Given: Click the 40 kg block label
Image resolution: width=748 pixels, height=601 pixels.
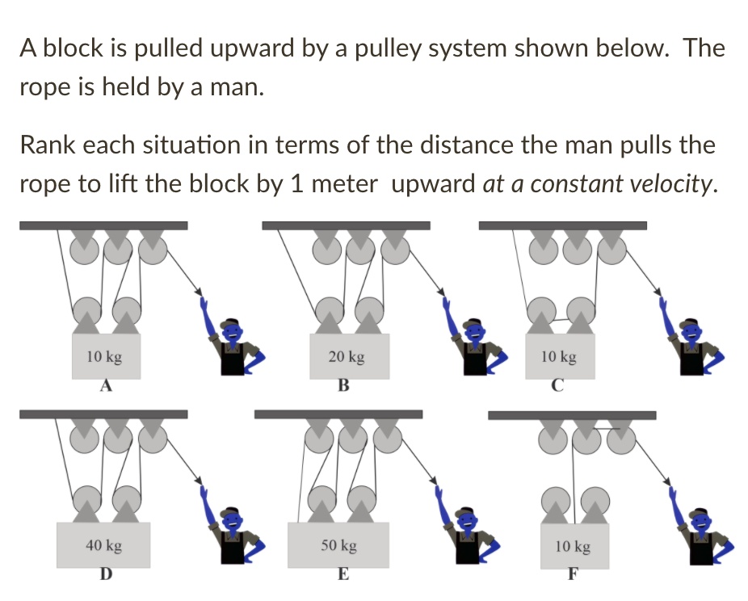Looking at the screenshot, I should pos(103,546).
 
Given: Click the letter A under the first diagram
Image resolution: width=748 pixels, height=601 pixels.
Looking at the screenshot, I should pos(104,385).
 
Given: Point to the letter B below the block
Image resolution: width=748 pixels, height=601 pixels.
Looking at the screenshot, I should pos(342,385).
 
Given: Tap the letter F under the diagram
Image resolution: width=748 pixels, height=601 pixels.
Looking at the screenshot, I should pos(572,576).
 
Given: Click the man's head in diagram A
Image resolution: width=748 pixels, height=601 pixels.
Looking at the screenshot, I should pos(233,329).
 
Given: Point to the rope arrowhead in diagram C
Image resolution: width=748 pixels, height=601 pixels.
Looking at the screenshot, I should pos(658,292).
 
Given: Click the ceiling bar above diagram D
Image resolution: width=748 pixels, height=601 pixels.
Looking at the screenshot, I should pos(103,414).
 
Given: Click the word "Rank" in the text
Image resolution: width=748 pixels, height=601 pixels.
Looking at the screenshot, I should pos(48,145).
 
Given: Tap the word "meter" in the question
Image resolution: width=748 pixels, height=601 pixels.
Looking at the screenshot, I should pos(344,184).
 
